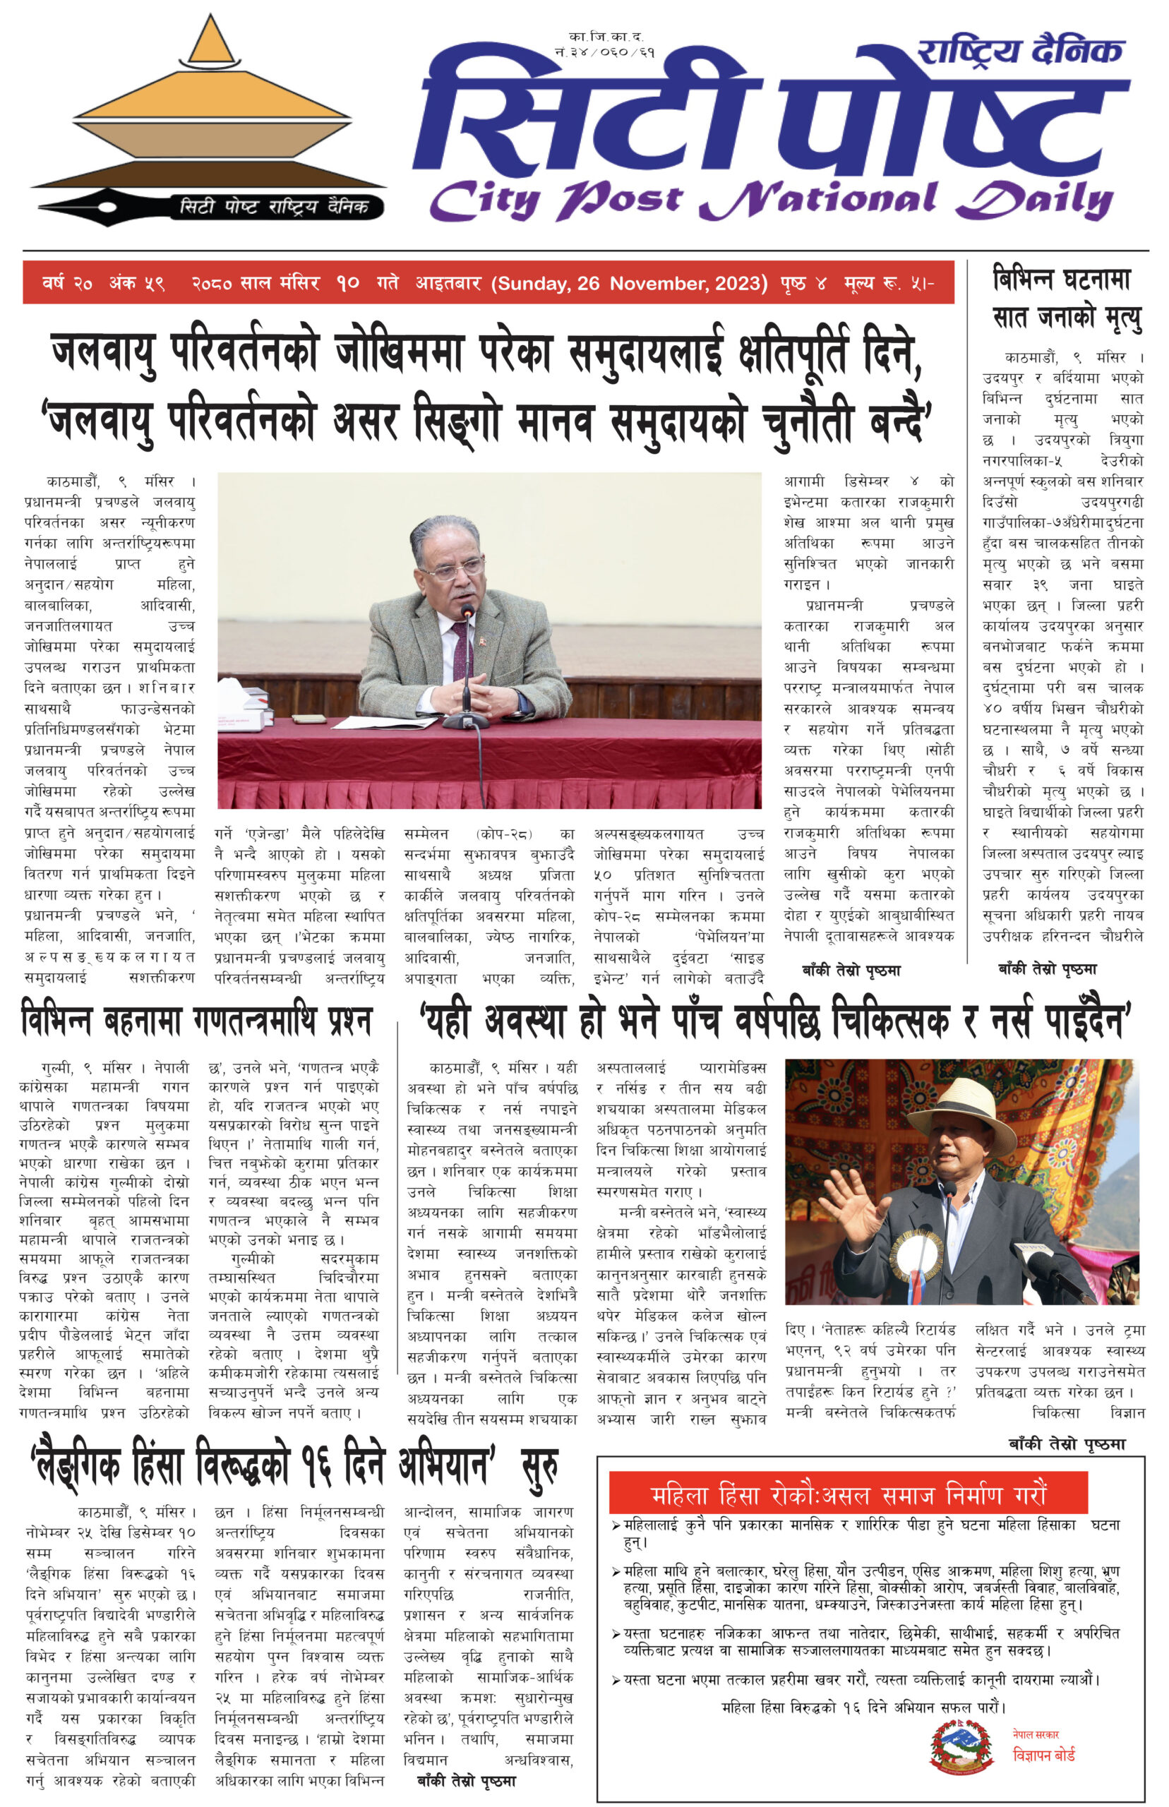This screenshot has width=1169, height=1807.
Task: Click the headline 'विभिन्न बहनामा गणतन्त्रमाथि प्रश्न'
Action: (x=197, y=1021)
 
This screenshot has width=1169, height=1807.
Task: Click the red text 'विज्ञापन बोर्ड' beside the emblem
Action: (x=1044, y=1754)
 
